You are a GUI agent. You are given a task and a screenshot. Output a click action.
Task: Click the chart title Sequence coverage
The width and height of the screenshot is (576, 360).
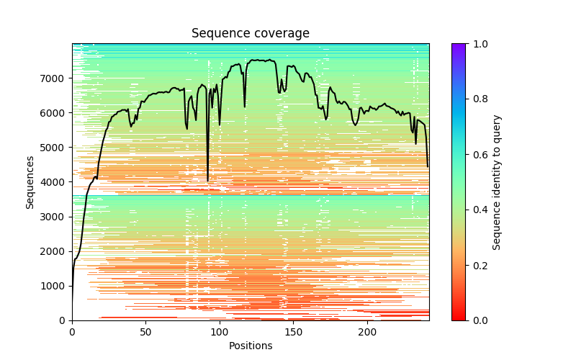[250, 33]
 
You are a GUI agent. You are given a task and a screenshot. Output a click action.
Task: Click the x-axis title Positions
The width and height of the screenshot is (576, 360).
[250, 346]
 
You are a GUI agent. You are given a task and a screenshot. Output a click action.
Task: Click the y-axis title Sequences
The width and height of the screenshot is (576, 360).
[30, 181]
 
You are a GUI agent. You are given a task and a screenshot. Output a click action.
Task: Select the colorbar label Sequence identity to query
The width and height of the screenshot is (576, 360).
[497, 181]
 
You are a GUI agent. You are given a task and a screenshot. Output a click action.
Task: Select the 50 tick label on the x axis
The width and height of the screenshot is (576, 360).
[145, 331]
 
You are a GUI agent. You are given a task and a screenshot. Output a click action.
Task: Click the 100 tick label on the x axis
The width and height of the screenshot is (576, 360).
[220, 331]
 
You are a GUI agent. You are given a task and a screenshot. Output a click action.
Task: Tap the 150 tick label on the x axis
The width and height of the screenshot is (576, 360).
[294, 331]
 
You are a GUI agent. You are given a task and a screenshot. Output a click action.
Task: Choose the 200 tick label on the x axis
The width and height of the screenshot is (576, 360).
[367, 331]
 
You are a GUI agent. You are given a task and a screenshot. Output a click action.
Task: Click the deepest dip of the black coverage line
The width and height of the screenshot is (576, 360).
[208, 180]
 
